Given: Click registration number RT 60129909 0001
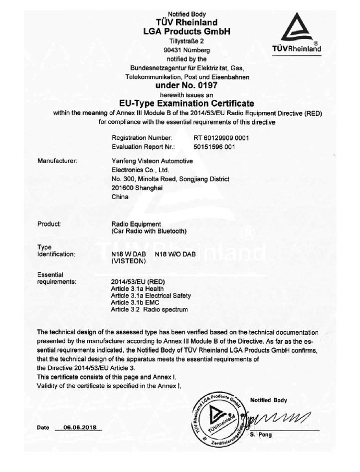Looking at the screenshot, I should point(221,137).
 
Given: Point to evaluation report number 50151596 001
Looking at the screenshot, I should point(214,147).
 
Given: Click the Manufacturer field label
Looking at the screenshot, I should point(57,161).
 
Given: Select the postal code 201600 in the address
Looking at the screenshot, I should point(125,188).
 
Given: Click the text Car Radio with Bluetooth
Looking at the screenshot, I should point(149,231).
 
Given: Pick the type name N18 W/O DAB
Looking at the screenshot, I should point(176,254).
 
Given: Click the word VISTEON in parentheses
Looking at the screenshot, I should point(128,261).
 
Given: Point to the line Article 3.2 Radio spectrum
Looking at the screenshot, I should point(149,309).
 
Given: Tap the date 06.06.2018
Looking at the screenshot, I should point(80,428).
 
